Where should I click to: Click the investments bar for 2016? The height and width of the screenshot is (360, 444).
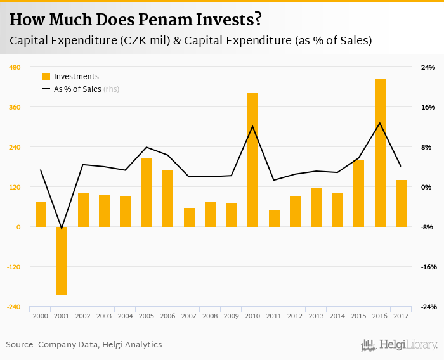click(380, 153)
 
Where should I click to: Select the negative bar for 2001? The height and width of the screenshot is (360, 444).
click(62, 260)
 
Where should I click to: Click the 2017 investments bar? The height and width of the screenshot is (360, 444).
click(401, 203)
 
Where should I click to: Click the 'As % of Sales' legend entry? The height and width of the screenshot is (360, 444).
click(76, 89)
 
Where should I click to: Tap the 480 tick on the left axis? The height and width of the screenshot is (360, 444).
click(15, 67)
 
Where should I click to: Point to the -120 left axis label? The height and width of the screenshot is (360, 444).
click(13, 267)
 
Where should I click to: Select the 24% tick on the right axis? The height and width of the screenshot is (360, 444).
click(428, 67)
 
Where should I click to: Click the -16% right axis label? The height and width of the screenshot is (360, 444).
click(428, 267)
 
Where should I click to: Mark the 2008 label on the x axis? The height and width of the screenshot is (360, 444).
click(210, 316)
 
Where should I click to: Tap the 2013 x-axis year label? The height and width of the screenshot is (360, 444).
click(316, 316)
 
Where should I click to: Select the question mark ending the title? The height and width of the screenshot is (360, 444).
click(258, 20)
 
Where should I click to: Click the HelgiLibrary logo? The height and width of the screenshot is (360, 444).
click(400, 345)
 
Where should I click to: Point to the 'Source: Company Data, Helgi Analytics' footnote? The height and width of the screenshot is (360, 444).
click(84, 345)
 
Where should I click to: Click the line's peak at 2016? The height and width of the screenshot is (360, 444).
click(380, 123)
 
